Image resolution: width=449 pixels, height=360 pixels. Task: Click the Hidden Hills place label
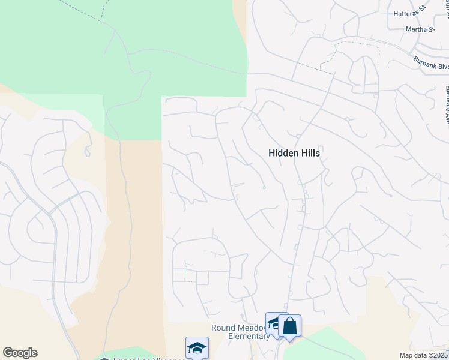(x=294, y=153)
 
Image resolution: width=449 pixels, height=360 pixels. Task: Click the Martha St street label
(x=420, y=29)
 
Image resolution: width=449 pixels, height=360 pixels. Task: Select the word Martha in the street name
(x=416, y=29)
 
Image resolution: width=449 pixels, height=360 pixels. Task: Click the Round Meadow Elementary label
(x=240, y=332)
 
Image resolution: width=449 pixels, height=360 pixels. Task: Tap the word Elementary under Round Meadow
(x=249, y=336)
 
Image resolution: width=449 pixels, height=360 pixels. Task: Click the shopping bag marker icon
(x=289, y=326)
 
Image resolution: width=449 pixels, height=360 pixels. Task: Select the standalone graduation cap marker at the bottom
(x=197, y=347)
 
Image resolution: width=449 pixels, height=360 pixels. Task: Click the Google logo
(x=20, y=353)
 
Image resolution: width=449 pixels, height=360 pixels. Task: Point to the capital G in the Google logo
(x=8, y=353)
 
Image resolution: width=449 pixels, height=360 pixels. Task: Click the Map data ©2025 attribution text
(x=423, y=355)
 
